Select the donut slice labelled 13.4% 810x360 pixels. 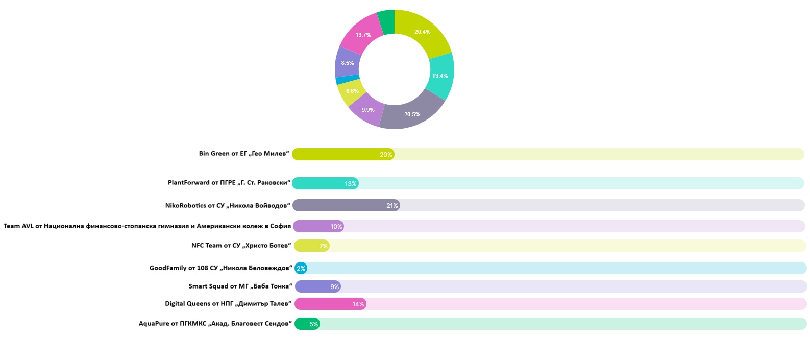[440, 76]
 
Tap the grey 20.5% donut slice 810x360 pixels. [411, 114]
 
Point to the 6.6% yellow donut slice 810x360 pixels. [352, 91]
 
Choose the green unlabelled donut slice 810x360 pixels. [386, 22]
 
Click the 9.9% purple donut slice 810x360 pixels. [367, 110]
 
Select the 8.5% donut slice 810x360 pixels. [347, 63]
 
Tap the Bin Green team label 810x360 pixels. [244, 154]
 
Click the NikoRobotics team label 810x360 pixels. [228, 205]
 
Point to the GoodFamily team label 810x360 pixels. [220, 268]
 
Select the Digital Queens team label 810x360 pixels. [228, 304]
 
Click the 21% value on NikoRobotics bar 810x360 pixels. [392, 206]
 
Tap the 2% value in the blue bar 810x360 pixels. [301, 269]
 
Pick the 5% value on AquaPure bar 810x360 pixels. [313, 324]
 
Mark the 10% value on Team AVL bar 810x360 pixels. [336, 227]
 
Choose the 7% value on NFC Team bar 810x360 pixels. [323, 246]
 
